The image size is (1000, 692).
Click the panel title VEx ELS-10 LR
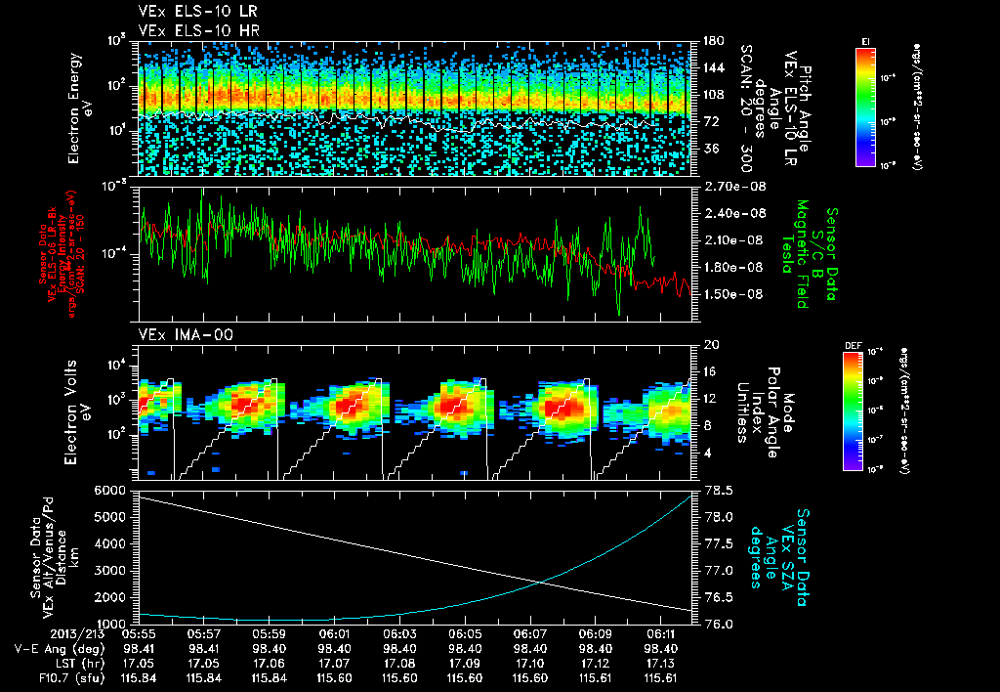189,12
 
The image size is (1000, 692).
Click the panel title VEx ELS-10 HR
189,29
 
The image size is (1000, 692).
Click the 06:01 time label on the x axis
335,633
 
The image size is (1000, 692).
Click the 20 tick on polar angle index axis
708,345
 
